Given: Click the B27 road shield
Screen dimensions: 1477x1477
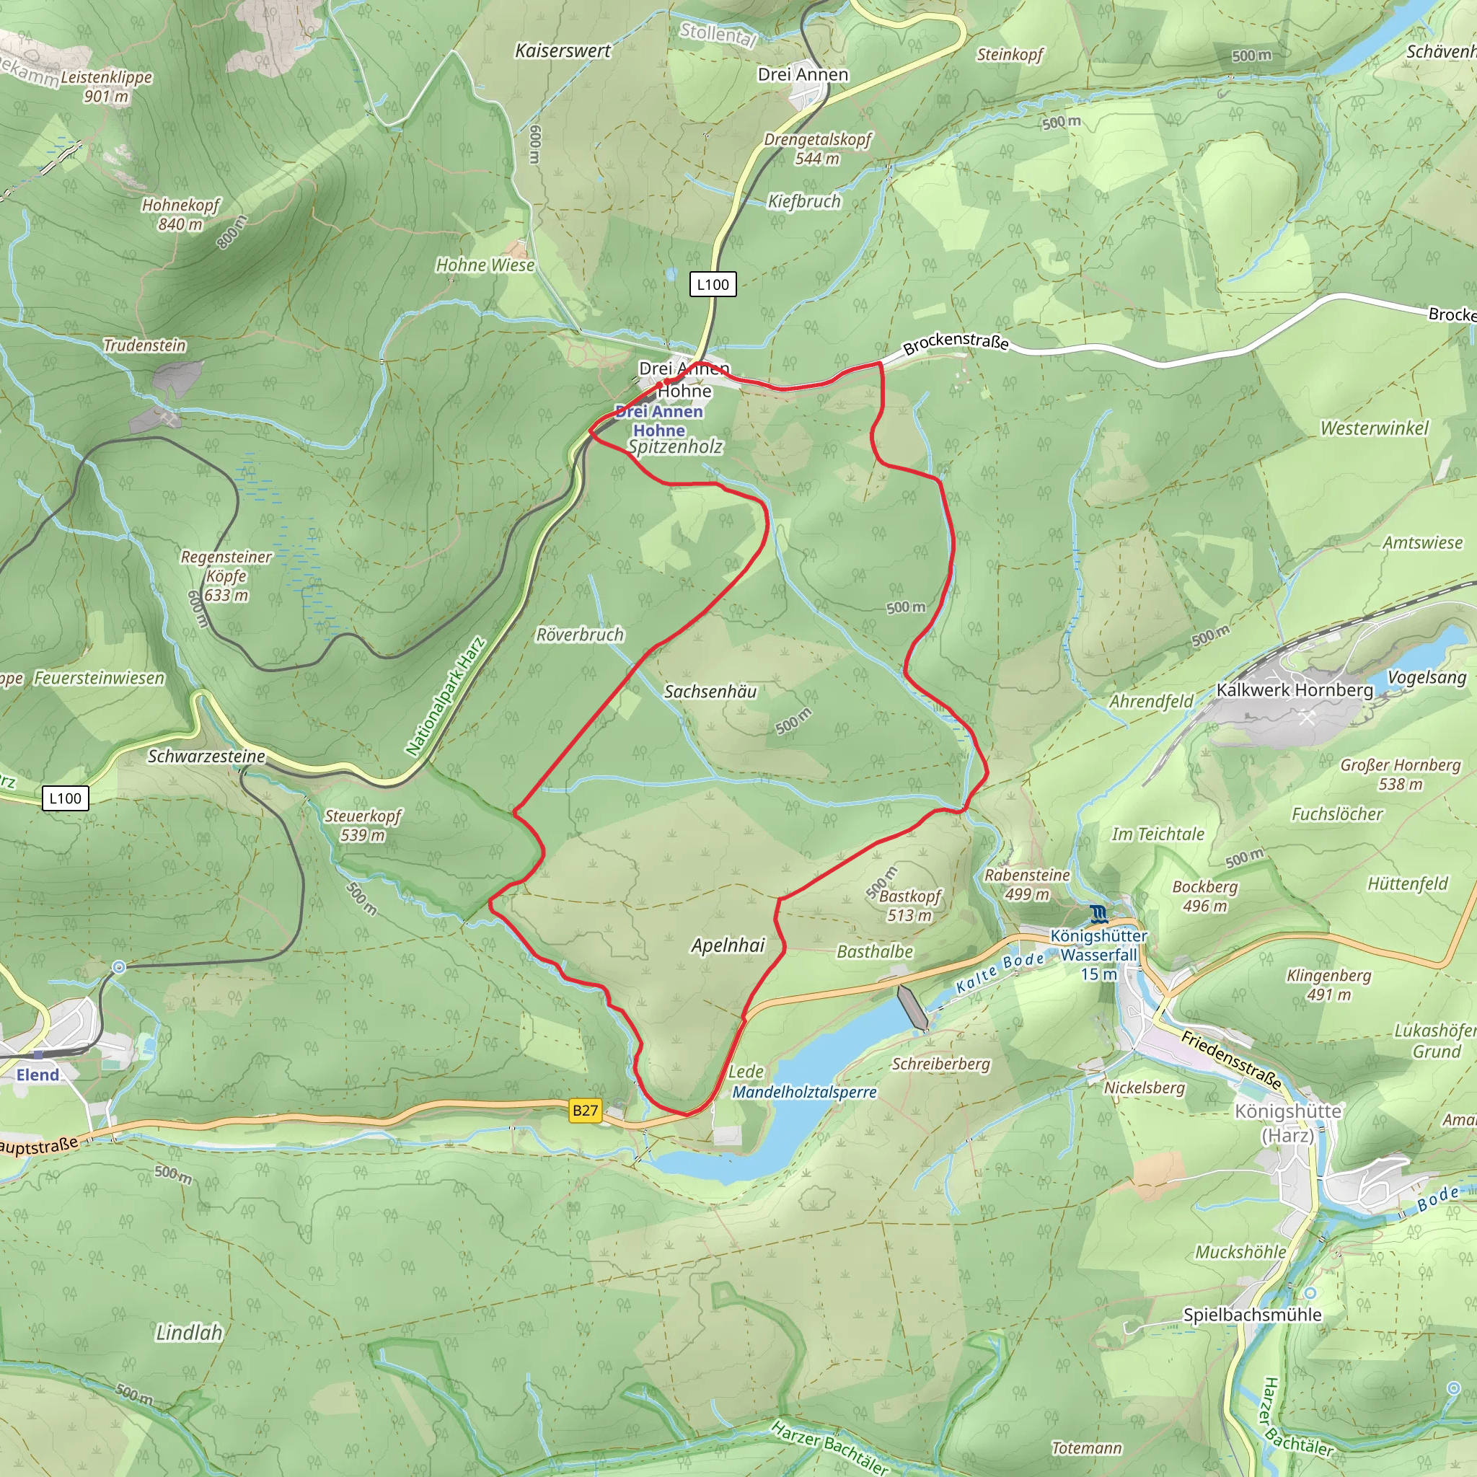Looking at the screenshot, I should [x=585, y=1110].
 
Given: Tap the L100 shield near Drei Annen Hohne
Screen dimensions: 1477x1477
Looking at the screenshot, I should [x=713, y=284].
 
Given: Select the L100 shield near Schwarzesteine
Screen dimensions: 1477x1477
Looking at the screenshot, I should [x=65, y=798].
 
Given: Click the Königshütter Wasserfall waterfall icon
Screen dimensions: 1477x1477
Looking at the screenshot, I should [x=1098, y=914].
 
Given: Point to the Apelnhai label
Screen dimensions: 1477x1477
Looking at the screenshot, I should [x=728, y=945].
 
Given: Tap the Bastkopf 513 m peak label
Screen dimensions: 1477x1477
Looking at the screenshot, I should [x=909, y=905].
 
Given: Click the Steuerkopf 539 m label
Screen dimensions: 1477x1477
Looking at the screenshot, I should [x=362, y=826].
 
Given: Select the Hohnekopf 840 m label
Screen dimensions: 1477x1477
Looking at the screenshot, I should [x=180, y=214].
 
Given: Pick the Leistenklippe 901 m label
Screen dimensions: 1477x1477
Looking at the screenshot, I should [x=106, y=87].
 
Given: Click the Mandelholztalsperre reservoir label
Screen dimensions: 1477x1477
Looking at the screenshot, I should [x=804, y=1092].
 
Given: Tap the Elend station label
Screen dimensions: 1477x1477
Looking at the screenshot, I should [x=38, y=1074].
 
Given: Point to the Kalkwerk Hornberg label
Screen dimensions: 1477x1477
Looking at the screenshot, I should [x=1295, y=689].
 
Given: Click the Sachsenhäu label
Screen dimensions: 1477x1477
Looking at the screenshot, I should [x=710, y=691].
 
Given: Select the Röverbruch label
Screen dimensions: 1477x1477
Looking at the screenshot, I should [x=580, y=635].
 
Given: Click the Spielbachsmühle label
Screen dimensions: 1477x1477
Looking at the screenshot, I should [x=1252, y=1314].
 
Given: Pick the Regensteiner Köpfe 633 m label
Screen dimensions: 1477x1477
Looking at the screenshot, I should [x=226, y=576].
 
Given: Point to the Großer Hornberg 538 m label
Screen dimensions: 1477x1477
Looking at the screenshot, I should [x=1400, y=774].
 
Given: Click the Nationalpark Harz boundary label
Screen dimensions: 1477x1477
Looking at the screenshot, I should [x=446, y=697].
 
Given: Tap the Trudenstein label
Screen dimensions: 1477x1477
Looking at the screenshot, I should [x=144, y=345].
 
